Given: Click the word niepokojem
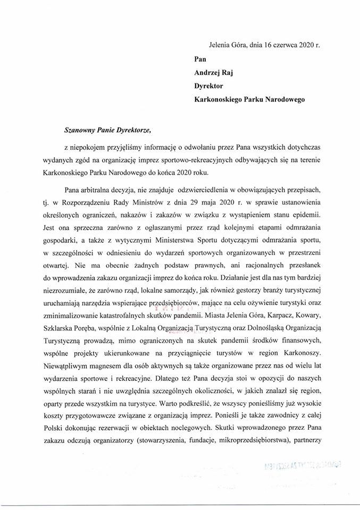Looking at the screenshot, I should (91, 146).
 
